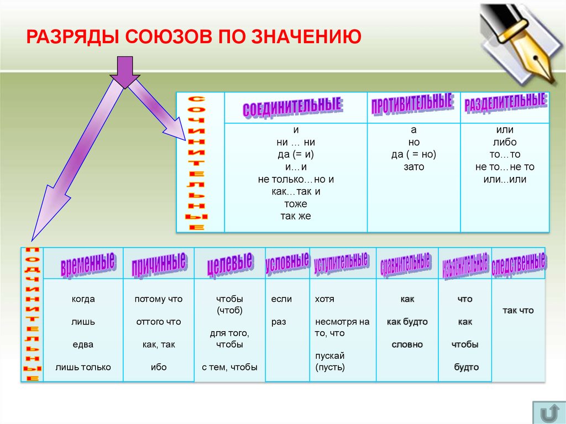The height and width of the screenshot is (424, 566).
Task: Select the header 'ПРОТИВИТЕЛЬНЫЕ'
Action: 412,104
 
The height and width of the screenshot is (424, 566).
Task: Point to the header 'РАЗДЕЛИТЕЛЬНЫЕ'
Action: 505,102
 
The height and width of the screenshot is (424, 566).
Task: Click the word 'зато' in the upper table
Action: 414,167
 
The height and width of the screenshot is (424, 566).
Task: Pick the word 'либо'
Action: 505,142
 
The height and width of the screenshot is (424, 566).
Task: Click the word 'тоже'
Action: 296,204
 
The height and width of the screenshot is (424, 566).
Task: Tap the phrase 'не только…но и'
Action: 296,179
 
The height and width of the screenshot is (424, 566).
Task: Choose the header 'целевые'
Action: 230,263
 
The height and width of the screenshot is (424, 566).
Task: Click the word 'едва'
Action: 83,344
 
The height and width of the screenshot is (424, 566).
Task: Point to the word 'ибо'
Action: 158,367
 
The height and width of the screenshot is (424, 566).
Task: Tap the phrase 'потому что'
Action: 158,299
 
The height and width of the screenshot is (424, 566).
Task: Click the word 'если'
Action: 281,299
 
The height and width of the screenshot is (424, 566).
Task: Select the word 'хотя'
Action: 324,299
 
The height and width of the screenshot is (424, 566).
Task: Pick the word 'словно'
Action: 407,344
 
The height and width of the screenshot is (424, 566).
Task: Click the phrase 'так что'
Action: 518,311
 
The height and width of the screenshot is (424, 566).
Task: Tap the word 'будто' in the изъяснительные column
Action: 465,367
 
